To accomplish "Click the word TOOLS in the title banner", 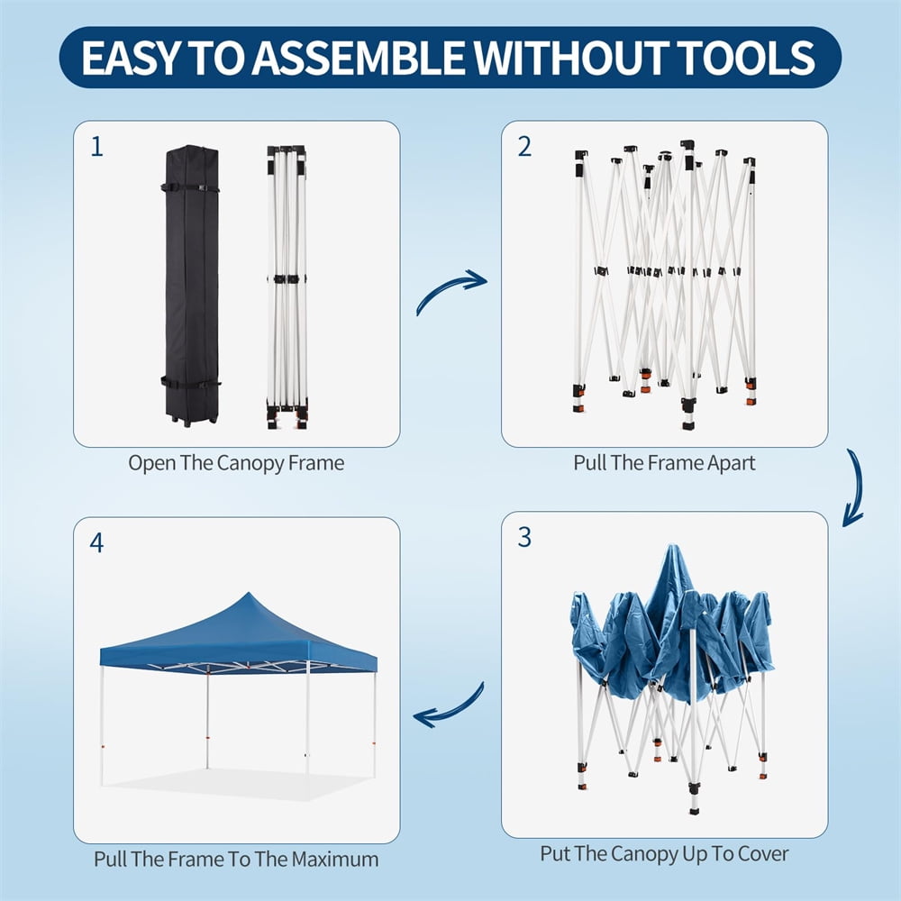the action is pos(746,58).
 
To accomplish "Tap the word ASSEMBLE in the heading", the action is pos(358,58).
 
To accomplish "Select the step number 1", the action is pos(97,147).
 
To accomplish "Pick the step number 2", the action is pos(524,147).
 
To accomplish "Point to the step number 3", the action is pos(524,537).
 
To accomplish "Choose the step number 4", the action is pos(96,542).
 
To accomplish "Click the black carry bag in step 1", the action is pos(191,286).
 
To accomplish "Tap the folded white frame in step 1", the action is pos(287,287).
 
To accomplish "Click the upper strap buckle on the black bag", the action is pos(202,187).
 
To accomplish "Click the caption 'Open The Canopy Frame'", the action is pos(236,462).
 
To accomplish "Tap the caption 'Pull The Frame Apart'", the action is pos(664,462).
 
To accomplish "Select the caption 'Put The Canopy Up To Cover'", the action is pos(664,854).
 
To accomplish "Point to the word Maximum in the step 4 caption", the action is pos(335,860).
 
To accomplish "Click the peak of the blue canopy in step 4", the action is pos(249,594).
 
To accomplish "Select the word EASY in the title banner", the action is pos(130,58).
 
